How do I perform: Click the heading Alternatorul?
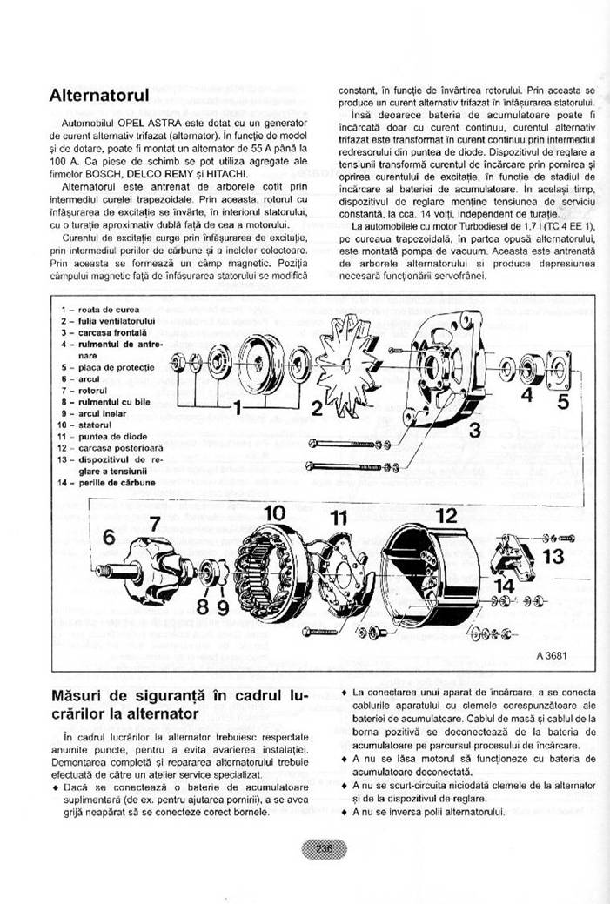coord(100,95)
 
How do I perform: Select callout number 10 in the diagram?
coord(275,514)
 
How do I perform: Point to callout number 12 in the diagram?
coord(446,515)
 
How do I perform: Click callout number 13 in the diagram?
coord(553,556)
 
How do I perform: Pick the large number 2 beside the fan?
coord(318,407)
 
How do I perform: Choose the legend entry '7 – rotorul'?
coord(83,391)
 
